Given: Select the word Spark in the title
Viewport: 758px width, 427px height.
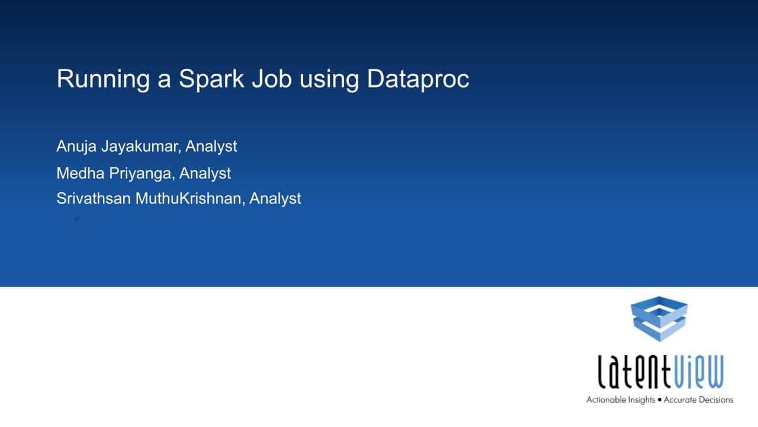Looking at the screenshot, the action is pyautogui.click(x=211, y=79).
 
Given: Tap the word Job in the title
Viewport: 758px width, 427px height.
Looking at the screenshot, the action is pyautogui.click(x=271, y=79).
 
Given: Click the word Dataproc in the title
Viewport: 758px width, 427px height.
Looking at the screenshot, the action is pyautogui.click(x=418, y=79).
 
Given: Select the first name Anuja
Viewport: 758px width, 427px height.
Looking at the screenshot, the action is pyautogui.click(x=76, y=147).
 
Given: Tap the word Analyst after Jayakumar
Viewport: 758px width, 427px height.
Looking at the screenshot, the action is pyautogui.click(x=211, y=147).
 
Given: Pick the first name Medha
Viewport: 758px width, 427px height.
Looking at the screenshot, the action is pyautogui.click(x=80, y=173).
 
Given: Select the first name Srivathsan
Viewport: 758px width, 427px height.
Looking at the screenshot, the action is pyautogui.click(x=94, y=199).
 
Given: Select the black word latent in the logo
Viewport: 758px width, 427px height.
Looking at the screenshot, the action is pyautogui.click(x=634, y=371).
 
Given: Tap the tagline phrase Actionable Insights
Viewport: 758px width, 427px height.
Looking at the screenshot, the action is pyautogui.click(x=621, y=400).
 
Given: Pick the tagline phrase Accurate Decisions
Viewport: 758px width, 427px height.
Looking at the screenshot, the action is pyautogui.click(x=698, y=400).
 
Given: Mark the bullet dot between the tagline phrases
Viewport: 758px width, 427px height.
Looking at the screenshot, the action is pyautogui.click(x=660, y=400).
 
